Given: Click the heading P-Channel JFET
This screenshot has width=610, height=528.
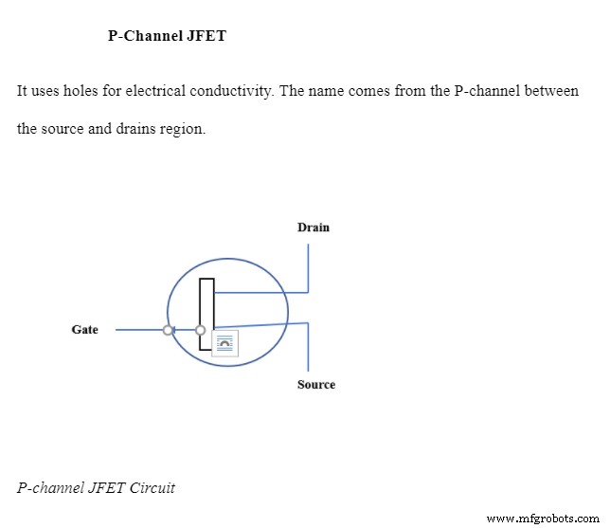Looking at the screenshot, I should coord(168,37).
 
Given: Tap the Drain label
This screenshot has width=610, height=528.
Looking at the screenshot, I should coord(314,228).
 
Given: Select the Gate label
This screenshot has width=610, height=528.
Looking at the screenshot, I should coord(85,330).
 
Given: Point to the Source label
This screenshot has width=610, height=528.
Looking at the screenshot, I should coord(316,385).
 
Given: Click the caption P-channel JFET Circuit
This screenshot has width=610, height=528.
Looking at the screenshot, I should coord(96,488).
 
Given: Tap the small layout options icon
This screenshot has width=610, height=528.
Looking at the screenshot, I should coord(225,344).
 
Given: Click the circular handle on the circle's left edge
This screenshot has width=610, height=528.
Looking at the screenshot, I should coord(169,330).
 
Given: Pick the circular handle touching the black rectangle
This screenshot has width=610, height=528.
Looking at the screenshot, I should coord(200,330).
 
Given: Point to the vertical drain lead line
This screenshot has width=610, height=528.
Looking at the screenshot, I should coord(308,267).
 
